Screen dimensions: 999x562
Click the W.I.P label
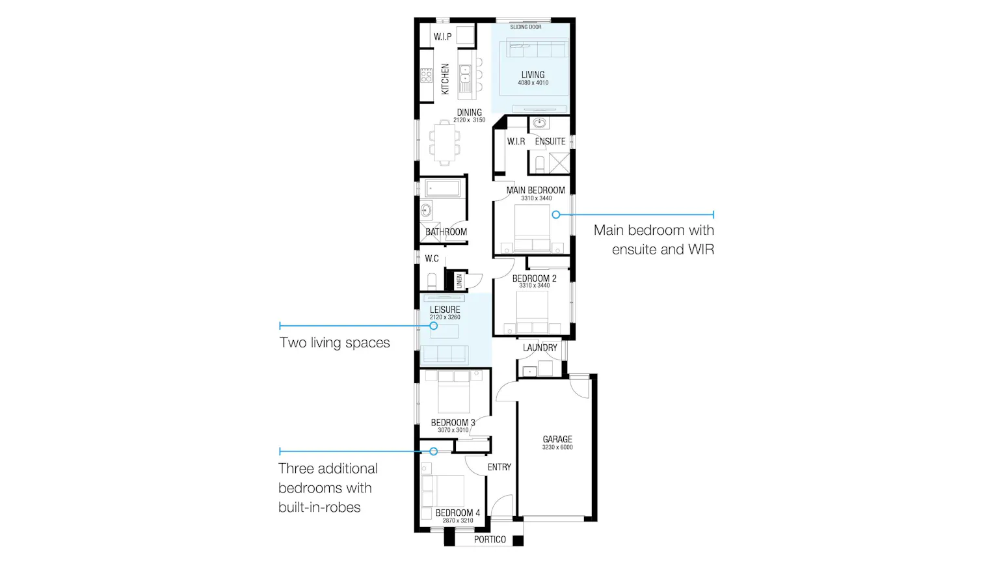442,37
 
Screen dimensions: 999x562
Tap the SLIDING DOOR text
526,27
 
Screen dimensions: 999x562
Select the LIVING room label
533,75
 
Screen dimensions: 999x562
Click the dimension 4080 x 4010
533,83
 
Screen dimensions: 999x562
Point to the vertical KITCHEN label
445,79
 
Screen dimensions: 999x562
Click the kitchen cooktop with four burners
427,75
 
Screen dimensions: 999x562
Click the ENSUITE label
550,141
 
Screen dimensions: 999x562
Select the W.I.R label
516,141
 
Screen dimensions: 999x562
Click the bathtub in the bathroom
442,188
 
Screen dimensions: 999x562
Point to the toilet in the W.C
432,282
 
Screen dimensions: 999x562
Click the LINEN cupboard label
459,281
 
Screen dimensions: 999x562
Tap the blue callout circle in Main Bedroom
555,215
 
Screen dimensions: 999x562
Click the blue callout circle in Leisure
434,326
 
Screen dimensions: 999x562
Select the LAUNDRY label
540,347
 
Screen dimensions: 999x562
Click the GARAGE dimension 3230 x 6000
557,448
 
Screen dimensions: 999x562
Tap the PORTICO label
490,539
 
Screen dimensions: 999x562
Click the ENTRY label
499,467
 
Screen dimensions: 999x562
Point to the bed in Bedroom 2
532,312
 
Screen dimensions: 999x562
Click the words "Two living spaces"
334,343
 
